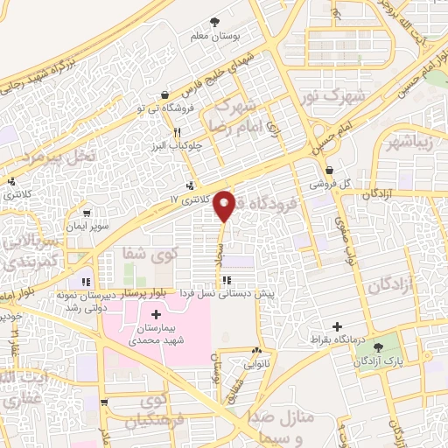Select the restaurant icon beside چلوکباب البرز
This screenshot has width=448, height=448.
pyautogui.click(x=177, y=132)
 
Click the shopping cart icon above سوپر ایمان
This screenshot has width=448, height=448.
pyautogui.click(x=87, y=213)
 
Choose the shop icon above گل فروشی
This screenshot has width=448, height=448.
pyautogui.click(x=329, y=171)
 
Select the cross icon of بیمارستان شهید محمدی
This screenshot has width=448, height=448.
pyautogui.click(x=156, y=314)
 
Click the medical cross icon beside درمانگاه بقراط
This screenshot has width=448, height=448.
pyautogui.click(x=337, y=325)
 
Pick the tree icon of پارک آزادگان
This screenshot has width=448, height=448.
pyautogui.click(x=377, y=347)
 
